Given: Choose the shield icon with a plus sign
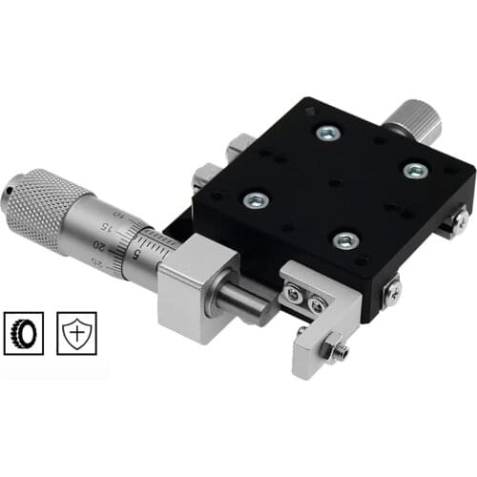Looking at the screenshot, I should coord(76,331).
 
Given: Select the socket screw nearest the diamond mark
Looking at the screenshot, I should coord(327,134).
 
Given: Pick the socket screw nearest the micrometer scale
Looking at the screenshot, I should coord(256,199).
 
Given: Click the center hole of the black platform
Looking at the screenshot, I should coord(334,182).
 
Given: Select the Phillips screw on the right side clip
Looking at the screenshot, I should coord(461,220).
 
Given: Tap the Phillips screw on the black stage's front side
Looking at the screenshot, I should coord(393,290).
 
